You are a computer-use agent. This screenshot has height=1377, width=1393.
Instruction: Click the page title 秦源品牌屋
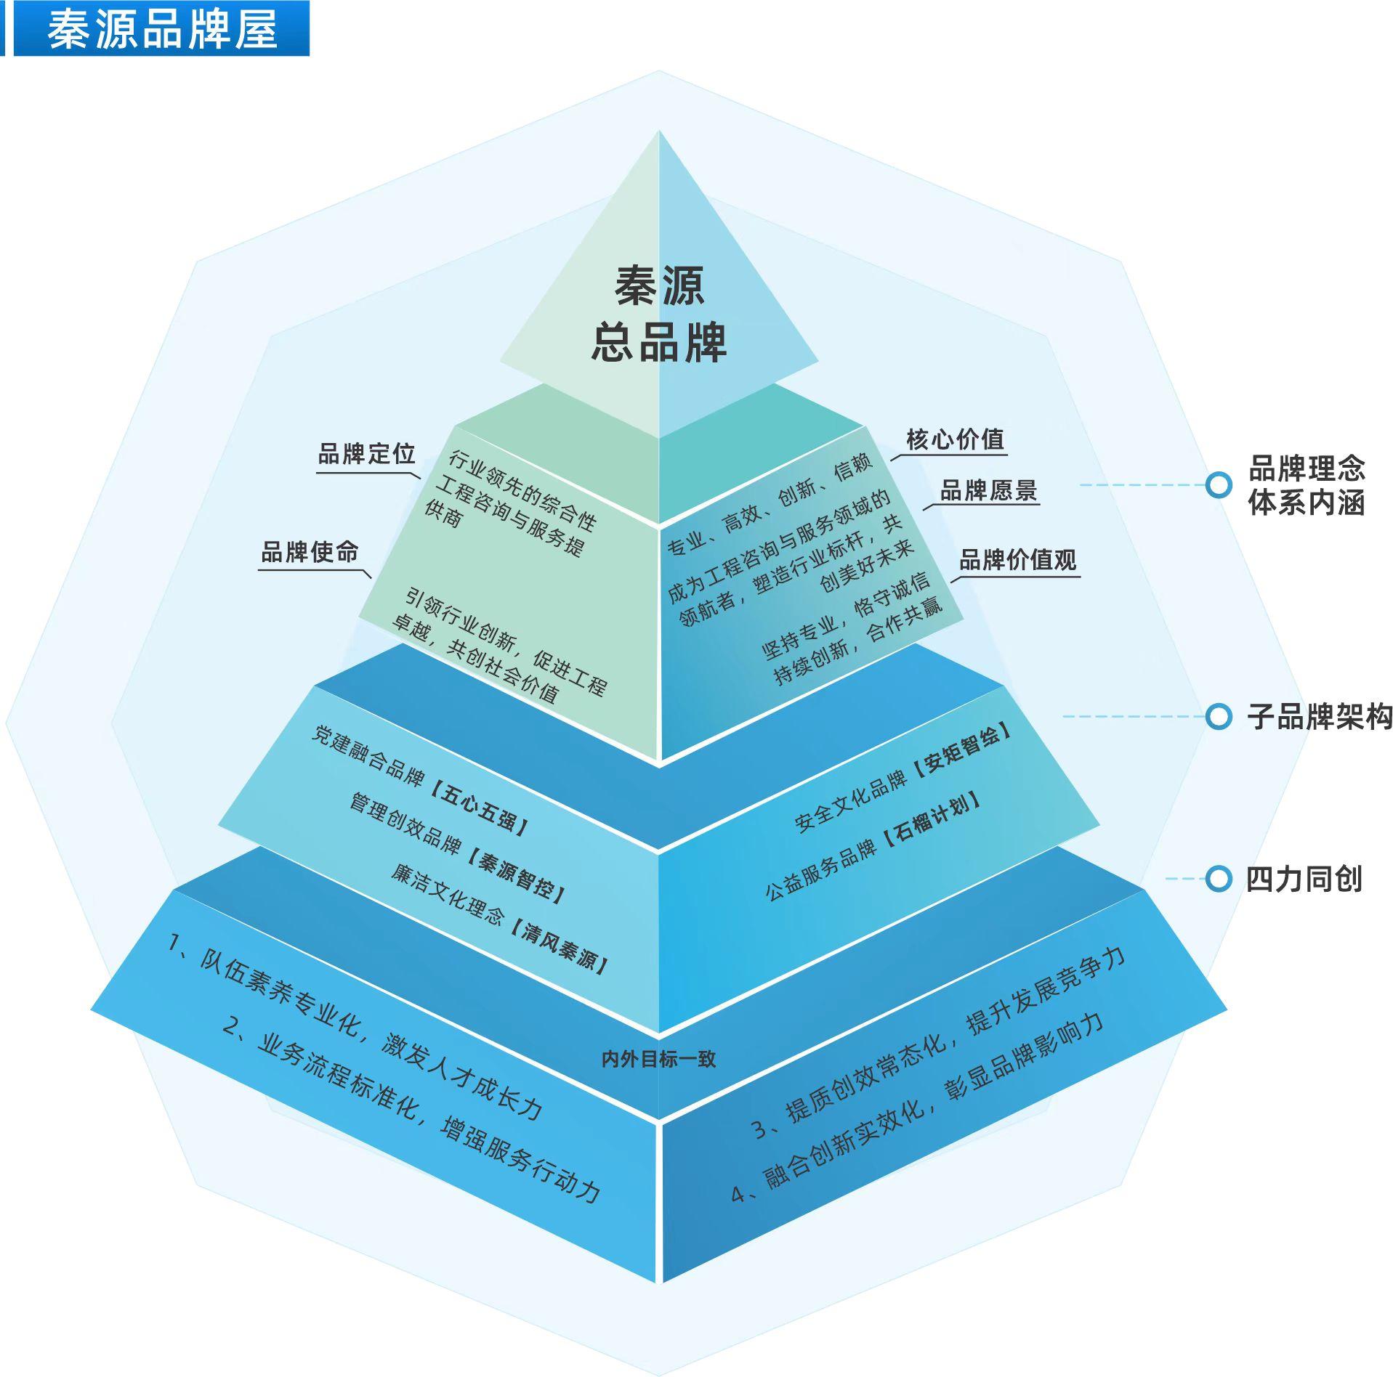pyautogui.click(x=162, y=30)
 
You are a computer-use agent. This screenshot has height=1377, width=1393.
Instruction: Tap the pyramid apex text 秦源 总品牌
pyautogui.click(x=658, y=314)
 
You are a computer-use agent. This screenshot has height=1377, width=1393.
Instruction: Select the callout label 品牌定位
pyautogui.click(x=366, y=455)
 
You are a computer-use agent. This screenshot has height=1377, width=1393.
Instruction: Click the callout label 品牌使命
pyautogui.click(x=310, y=552)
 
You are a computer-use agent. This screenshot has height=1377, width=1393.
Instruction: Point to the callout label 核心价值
pyautogui.click(x=954, y=439)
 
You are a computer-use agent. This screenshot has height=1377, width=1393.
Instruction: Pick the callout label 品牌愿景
pyautogui.click(x=988, y=491)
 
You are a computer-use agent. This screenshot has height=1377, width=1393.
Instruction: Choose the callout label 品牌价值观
pyautogui.click(x=1017, y=560)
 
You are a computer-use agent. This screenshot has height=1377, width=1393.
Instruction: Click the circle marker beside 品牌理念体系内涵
pyautogui.click(x=1218, y=484)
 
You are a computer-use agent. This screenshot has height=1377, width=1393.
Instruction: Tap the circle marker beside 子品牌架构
pyautogui.click(x=1218, y=716)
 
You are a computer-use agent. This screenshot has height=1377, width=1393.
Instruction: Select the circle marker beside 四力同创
pyautogui.click(x=1218, y=879)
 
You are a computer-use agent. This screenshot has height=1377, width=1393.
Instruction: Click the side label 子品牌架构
pyautogui.click(x=1319, y=717)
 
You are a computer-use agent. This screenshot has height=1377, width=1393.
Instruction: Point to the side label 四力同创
pyautogui.click(x=1304, y=880)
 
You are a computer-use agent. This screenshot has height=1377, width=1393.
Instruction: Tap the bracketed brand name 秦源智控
pyautogui.click(x=515, y=876)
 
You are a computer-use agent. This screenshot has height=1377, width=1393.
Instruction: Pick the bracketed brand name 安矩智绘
pyautogui.click(x=962, y=752)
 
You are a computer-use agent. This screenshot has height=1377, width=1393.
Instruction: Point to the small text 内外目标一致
pyautogui.click(x=658, y=1059)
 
